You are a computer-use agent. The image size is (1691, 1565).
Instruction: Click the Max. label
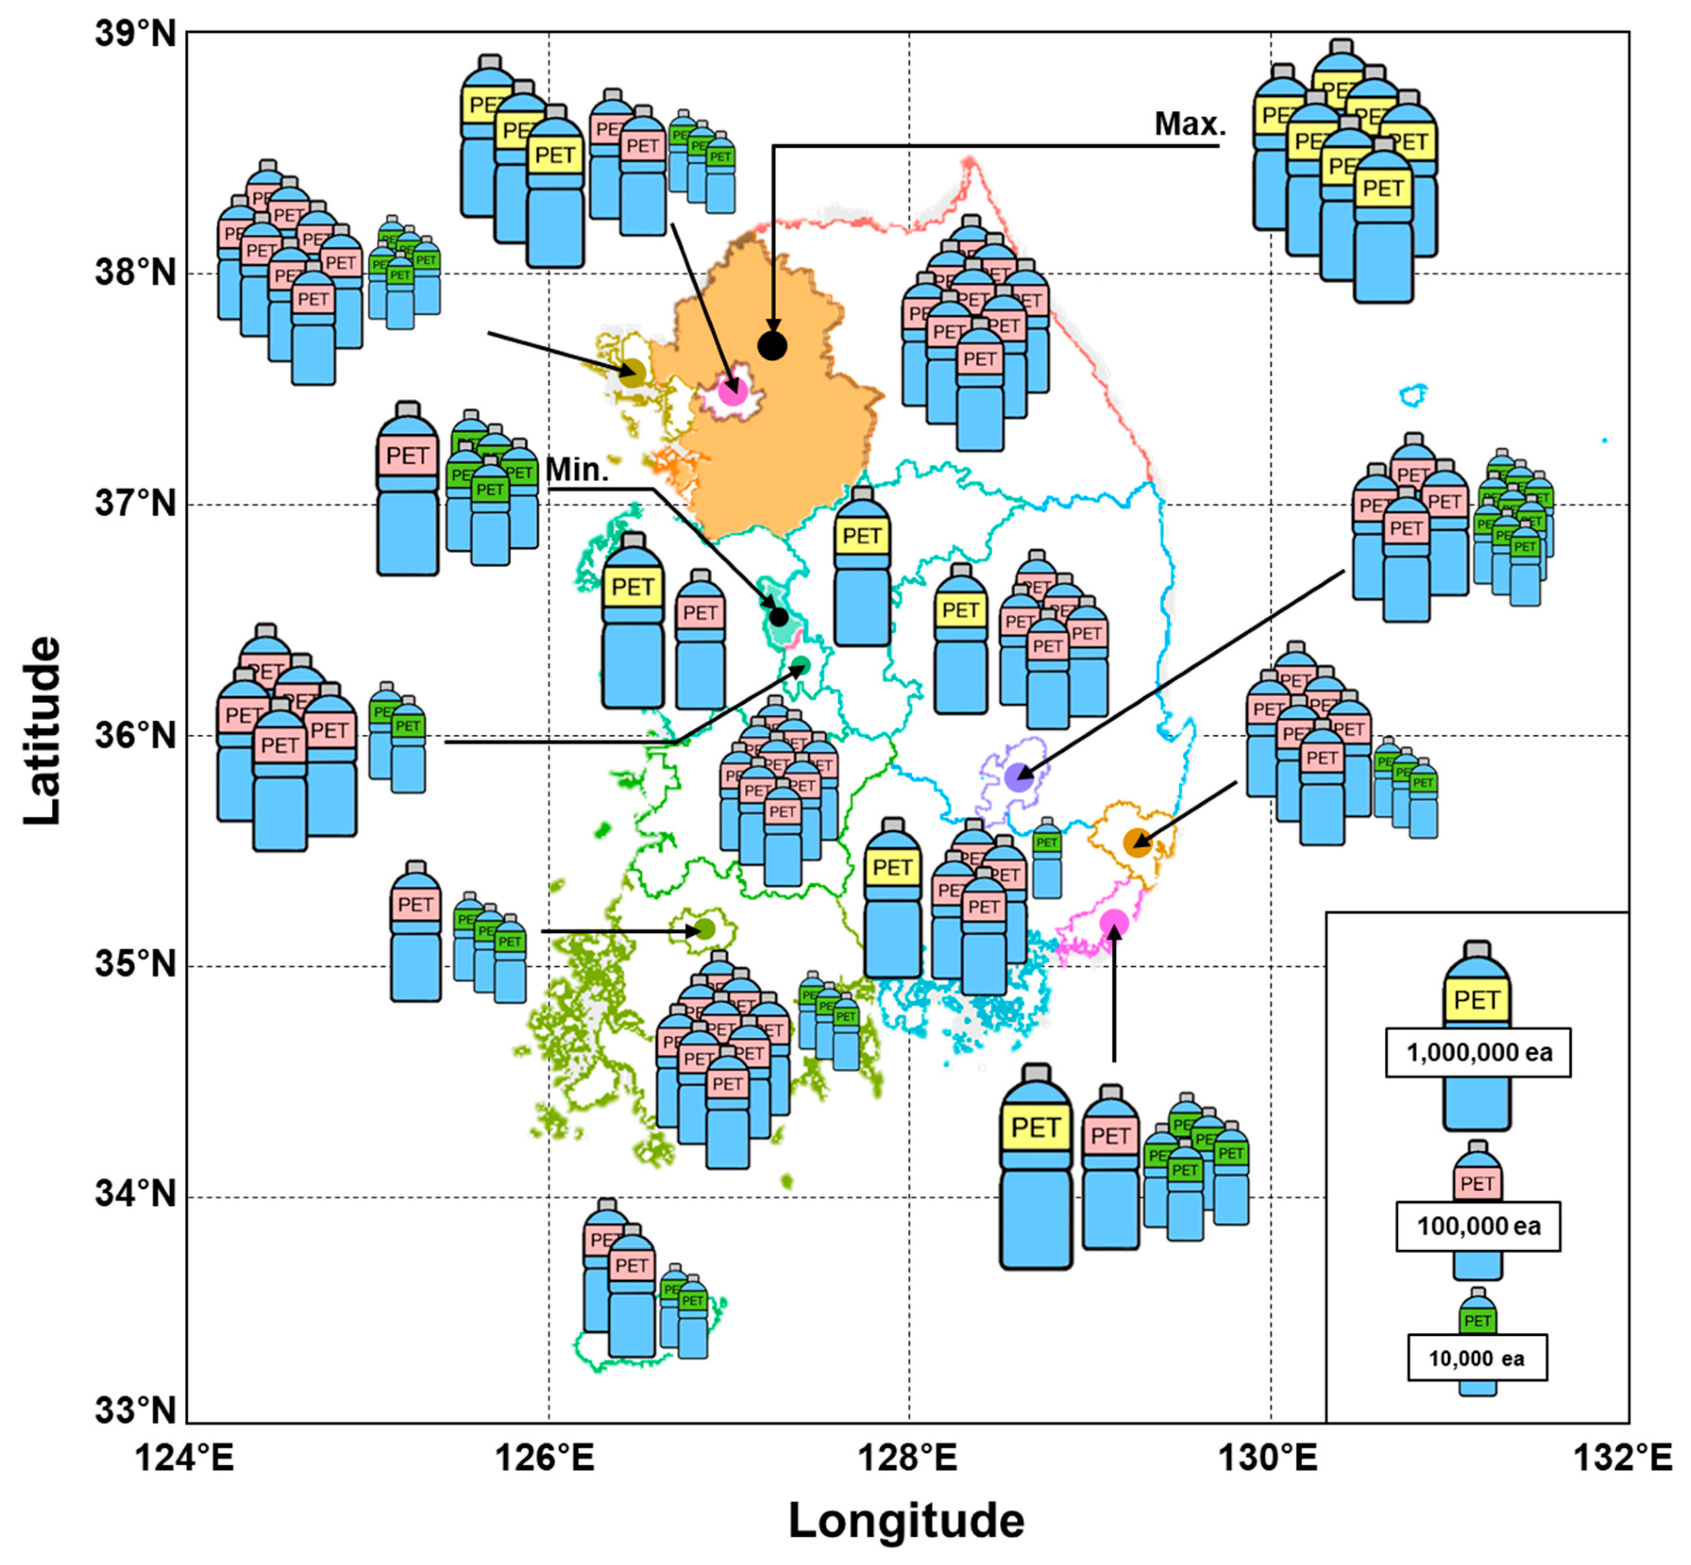click(1190, 124)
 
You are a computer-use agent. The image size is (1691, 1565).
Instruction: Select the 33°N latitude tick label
click(135, 1410)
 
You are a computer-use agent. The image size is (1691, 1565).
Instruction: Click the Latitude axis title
click(42, 730)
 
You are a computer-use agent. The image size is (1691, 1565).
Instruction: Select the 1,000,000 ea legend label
click(1478, 1053)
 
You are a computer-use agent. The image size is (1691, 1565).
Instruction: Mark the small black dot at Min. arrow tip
click(778, 616)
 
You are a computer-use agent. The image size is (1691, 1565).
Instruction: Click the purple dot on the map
click(1019, 776)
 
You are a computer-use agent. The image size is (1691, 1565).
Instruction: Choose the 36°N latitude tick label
click(135, 734)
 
